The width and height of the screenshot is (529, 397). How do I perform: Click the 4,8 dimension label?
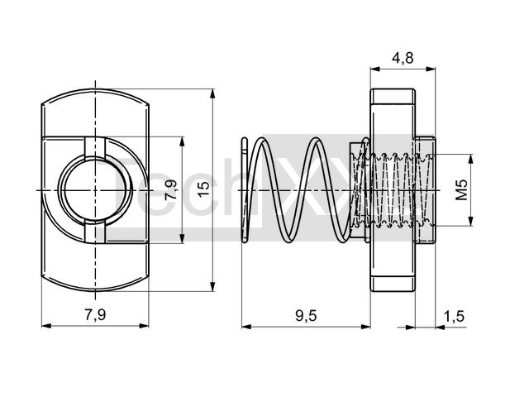tap(402, 57)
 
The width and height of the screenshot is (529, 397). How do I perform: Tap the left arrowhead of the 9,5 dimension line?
tap(245, 325)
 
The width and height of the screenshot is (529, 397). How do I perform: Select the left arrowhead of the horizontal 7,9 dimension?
tap(44, 325)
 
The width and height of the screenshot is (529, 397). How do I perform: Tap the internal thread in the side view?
tap(393, 190)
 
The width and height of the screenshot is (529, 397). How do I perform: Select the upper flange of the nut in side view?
tap(393, 112)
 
